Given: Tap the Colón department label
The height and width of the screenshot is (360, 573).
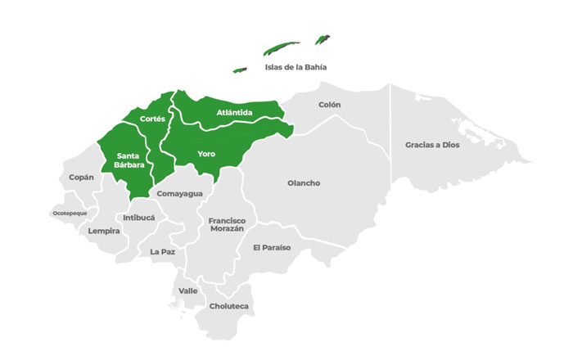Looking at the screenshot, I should (x=329, y=105).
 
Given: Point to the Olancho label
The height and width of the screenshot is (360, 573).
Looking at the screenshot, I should (x=304, y=182).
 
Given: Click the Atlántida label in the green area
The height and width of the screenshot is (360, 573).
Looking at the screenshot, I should (x=234, y=112).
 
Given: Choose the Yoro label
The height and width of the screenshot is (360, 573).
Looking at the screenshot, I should (x=206, y=153).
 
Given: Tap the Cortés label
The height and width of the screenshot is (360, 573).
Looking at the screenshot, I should (x=153, y=119).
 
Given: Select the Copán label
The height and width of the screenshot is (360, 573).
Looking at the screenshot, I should (x=81, y=177).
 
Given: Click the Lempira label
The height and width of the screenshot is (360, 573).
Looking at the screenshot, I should (x=104, y=231).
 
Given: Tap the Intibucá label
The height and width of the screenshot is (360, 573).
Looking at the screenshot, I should (x=138, y=218).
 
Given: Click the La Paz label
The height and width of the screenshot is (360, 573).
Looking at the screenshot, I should (x=162, y=252).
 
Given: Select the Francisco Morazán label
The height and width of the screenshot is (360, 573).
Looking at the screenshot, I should (x=226, y=225).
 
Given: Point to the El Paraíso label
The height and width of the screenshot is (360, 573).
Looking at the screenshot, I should (x=271, y=247).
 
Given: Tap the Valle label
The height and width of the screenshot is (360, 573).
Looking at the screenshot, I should (x=187, y=290).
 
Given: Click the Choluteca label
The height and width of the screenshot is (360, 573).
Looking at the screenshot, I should (x=229, y=306).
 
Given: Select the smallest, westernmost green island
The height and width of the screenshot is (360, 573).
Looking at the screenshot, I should (x=240, y=70).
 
